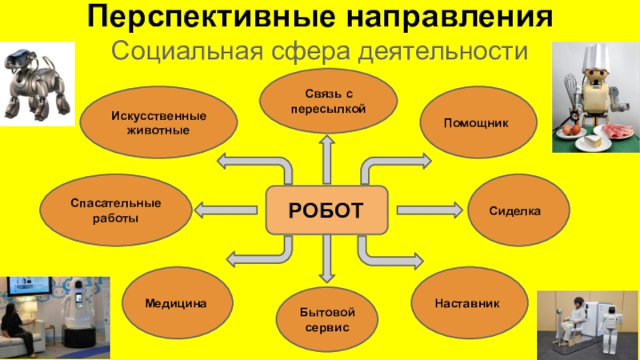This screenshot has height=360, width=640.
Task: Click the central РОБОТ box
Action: [x=326, y=210]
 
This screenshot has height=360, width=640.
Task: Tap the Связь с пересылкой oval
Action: [x=329, y=101]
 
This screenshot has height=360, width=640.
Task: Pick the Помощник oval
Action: [x=477, y=123]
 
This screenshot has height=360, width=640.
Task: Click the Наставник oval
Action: [x=467, y=305]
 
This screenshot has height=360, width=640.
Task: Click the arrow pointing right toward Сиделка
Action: [x=430, y=210]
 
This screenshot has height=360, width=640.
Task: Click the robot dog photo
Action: [x=32, y=81]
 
